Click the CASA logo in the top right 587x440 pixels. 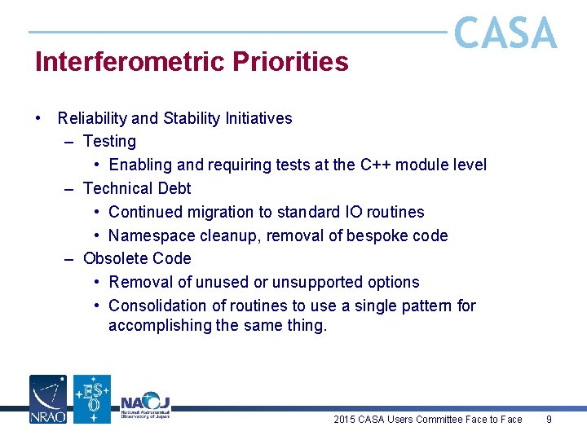click(x=505, y=33)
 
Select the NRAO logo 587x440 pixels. click(x=48, y=399)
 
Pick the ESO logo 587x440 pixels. click(x=92, y=399)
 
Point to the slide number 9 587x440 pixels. click(x=549, y=420)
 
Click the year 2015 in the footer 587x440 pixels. click(x=345, y=420)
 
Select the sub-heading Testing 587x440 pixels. click(x=109, y=142)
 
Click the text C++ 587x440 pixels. click(x=377, y=165)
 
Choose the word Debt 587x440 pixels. click(x=174, y=188)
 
